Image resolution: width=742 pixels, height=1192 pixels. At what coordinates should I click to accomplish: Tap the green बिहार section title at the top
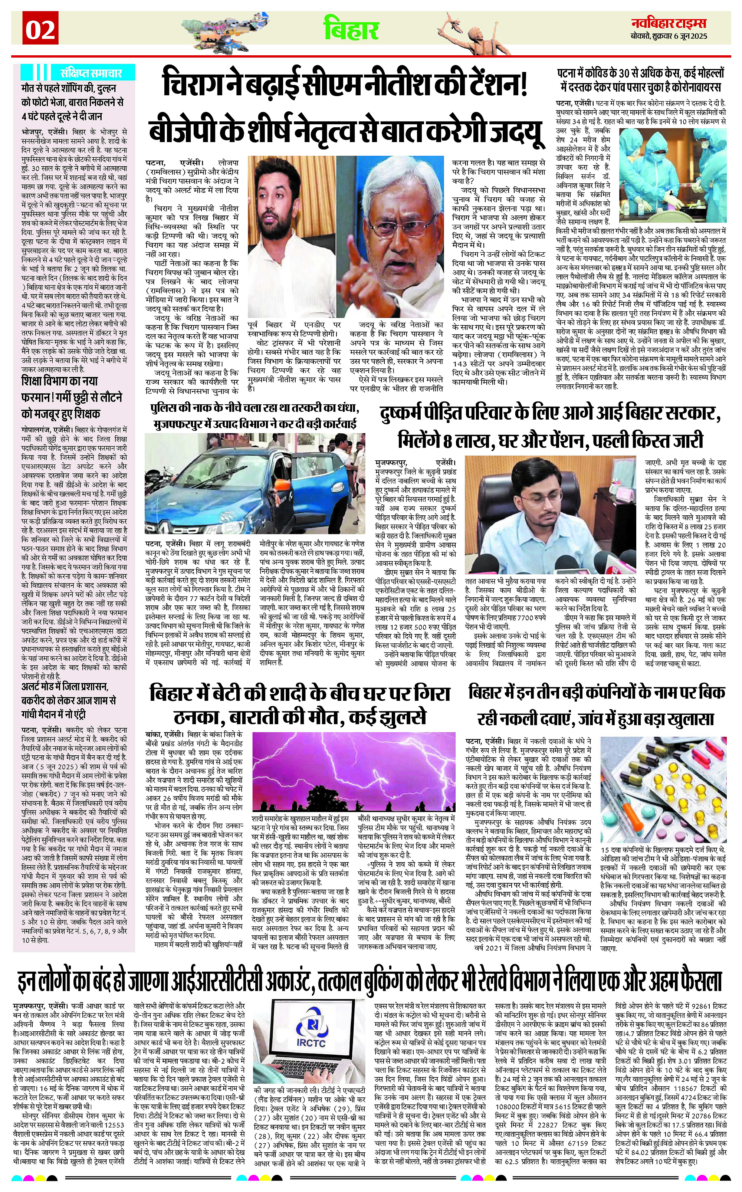(x=351, y=29)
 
